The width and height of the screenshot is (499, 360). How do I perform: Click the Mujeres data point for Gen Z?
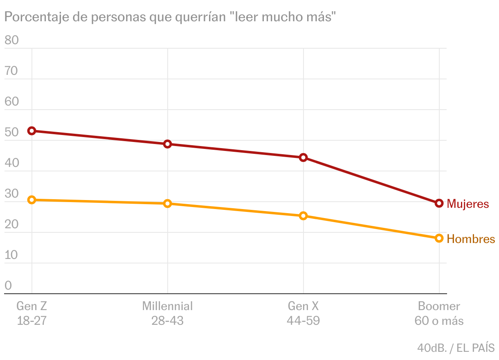32,131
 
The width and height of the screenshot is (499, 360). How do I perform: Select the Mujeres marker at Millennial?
167,144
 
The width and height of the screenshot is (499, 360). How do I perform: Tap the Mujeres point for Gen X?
303,157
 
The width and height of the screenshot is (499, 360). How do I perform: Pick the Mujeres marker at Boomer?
439,203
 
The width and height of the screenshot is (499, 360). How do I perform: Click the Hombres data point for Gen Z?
32,200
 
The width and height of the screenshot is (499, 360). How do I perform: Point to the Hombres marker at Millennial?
167,203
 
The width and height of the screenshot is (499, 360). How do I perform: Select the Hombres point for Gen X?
303,216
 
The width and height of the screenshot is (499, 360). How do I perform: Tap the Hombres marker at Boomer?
439,238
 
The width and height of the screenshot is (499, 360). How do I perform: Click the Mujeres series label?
468,204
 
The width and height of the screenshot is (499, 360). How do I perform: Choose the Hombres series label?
471,239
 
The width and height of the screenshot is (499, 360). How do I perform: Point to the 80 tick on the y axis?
11,40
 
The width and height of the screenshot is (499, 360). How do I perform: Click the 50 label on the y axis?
11,133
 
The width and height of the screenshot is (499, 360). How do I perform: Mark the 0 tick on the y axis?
8,286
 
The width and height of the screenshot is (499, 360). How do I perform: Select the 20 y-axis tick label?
11,224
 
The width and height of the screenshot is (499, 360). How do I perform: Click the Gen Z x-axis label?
32,306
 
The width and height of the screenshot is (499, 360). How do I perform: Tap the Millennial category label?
167,306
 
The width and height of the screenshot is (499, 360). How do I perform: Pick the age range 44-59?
303,321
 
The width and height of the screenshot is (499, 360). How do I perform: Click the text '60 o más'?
439,321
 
